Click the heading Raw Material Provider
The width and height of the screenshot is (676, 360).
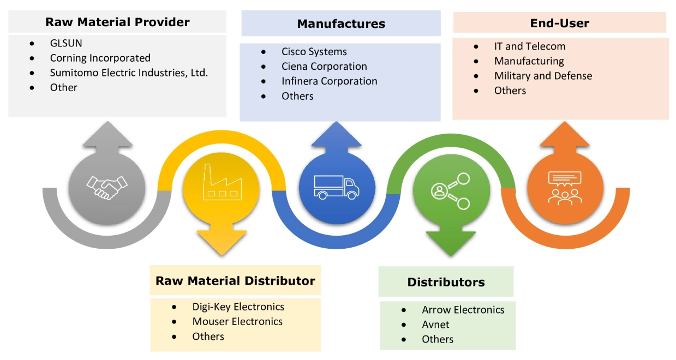[117, 22]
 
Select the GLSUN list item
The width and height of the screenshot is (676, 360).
[66, 43]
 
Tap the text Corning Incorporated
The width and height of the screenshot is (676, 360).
[100, 58]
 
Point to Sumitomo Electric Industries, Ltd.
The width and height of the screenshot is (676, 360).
[129, 73]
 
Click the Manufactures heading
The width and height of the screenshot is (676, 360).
[341, 24]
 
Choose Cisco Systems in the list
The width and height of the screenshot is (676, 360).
[314, 52]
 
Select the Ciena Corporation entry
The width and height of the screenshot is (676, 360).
[324, 67]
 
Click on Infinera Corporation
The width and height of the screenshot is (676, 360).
[329, 81]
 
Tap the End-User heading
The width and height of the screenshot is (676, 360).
[559, 23]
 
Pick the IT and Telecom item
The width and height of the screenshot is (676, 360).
[529, 46]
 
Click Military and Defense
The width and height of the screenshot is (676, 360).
[543, 76]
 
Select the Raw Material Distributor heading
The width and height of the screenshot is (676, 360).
[235, 281]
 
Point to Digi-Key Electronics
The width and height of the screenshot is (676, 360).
[238, 307]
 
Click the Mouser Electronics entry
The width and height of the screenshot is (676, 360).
[237, 321]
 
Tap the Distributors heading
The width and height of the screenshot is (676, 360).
[446, 282]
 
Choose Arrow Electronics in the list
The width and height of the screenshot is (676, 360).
[463, 310]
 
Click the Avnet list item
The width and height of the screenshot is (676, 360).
[435, 325]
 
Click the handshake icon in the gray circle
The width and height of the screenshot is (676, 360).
[107, 187]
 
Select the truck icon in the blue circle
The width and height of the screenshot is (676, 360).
[337, 187]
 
